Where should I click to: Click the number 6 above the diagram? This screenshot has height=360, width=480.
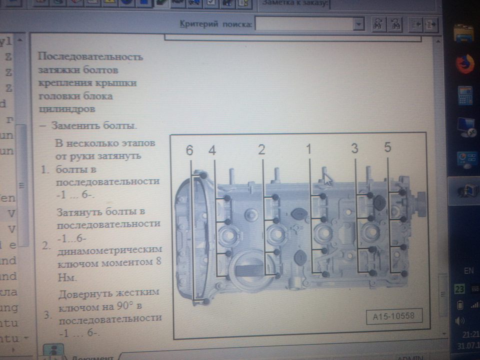(189, 150)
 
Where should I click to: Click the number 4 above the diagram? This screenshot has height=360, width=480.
(212, 150)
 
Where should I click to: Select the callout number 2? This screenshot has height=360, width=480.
(261, 149)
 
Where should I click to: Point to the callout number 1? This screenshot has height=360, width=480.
(308, 149)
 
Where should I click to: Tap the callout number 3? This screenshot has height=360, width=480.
(354, 148)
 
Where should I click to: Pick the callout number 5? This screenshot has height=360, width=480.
(388, 147)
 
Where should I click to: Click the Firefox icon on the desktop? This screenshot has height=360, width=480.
(465, 64)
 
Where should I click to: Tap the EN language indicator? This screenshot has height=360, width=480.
(468, 271)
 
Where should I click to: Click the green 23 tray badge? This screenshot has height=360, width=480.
(459, 288)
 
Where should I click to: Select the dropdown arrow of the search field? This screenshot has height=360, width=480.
(358, 24)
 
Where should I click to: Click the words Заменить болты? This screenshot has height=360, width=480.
(93, 125)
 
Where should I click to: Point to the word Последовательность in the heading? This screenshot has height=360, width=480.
(90, 56)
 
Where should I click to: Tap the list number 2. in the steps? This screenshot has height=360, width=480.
(46, 245)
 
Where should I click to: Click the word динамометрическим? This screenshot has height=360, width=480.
(109, 248)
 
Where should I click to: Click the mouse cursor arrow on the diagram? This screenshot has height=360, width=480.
(327, 178)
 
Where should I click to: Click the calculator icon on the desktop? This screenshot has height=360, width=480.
(465, 95)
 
